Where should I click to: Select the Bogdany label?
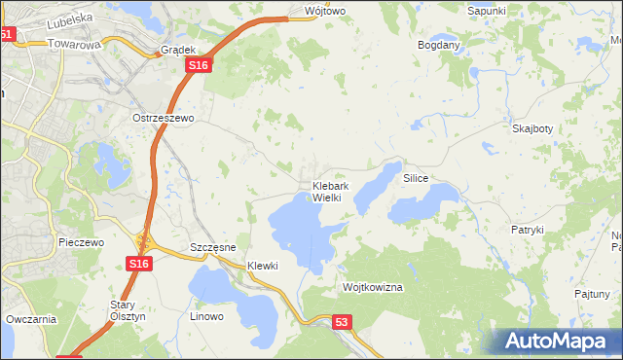438,46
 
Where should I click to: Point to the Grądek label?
180,50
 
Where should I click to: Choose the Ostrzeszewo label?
165,118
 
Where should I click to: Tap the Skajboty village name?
532,128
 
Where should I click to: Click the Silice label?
417,179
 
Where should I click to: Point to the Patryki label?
527,230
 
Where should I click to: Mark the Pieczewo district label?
81,242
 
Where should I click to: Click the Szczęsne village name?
213,248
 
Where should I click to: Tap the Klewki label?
263,266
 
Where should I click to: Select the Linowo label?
206,316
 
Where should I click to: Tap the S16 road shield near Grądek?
198,64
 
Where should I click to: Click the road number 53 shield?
341,321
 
